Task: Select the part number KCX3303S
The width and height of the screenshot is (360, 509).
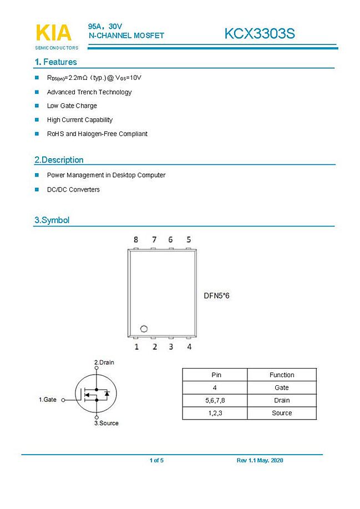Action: point(259,34)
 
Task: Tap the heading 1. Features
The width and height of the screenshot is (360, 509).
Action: point(55,62)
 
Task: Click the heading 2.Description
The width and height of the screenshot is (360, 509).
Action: point(59,160)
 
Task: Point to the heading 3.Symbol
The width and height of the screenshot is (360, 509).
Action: point(52,220)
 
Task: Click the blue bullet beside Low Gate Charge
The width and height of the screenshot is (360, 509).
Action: point(37,105)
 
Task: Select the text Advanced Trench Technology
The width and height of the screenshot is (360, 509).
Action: point(89,92)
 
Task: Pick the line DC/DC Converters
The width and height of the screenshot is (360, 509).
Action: point(73,190)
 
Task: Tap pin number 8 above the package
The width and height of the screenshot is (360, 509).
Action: point(136,240)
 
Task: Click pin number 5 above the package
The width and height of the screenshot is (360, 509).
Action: point(189,240)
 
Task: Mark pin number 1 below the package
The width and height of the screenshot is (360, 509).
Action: point(136,347)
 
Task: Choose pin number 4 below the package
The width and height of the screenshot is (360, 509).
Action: point(189,347)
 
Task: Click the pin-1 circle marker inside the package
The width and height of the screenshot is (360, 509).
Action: point(143,328)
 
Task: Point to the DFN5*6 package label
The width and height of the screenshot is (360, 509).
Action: point(216,296)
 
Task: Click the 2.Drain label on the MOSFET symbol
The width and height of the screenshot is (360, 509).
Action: point(104,362)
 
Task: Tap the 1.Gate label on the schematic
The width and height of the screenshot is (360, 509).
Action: point(48,400)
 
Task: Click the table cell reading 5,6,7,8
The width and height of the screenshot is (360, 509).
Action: point(215,400)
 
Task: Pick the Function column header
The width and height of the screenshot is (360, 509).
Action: point(282,375)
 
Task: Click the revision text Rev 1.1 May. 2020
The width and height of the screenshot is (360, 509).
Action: point(260,461)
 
